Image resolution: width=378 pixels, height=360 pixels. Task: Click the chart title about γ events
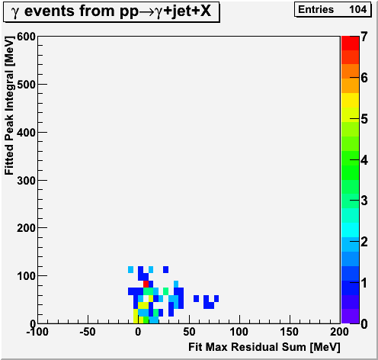pyautogui.click(x=111, y=11)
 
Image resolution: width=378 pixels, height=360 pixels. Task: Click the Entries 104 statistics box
pyautogui.click(x=332, y=10)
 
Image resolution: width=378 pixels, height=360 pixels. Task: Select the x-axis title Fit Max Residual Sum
pyautogui.click(x=264, y=347)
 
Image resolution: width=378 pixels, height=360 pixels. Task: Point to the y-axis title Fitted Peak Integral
pyautogui.click(x=9, y=105)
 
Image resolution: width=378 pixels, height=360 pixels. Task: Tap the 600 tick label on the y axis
pyautogui.click(x=26, y=37)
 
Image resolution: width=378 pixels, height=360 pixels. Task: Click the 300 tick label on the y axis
pyautogui.click(x=26, y=181)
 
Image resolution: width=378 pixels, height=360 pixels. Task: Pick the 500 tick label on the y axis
pyautogui.click(x=26, y=85)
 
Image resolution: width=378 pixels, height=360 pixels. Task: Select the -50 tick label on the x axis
pyautogui.click(x=88, y=332)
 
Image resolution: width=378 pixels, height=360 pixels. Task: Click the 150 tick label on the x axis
pyautogui.click(x=289, y=332)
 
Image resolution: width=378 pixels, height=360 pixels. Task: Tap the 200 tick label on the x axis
pyautogui.click(x=339, y=332)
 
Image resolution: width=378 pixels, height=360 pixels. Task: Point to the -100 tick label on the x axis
pyautogui.click(x=37, y=332)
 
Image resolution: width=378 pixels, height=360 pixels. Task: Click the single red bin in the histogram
pyautogui.click(x=146, y=284)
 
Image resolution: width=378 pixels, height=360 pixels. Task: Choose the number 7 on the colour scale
pyautogui.click(x=364, y=37)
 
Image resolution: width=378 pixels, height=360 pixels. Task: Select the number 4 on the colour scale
pyautogui.click(x=364, y=160)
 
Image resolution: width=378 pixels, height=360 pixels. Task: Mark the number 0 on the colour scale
pyautogui.click(x=364, y=324)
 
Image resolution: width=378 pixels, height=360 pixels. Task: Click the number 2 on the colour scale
pyautogui.click(x=364, y=242)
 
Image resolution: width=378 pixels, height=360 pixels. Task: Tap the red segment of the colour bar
pyautogui.click(x=350, y=43)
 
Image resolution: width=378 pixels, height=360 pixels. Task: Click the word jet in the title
pyautogui.click(x=180, y=11)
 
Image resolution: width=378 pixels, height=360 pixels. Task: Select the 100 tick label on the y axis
pyautogui.click(x=26, y=276)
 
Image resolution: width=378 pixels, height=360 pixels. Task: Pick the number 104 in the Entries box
pyautogui.click(x=357, y=10)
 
